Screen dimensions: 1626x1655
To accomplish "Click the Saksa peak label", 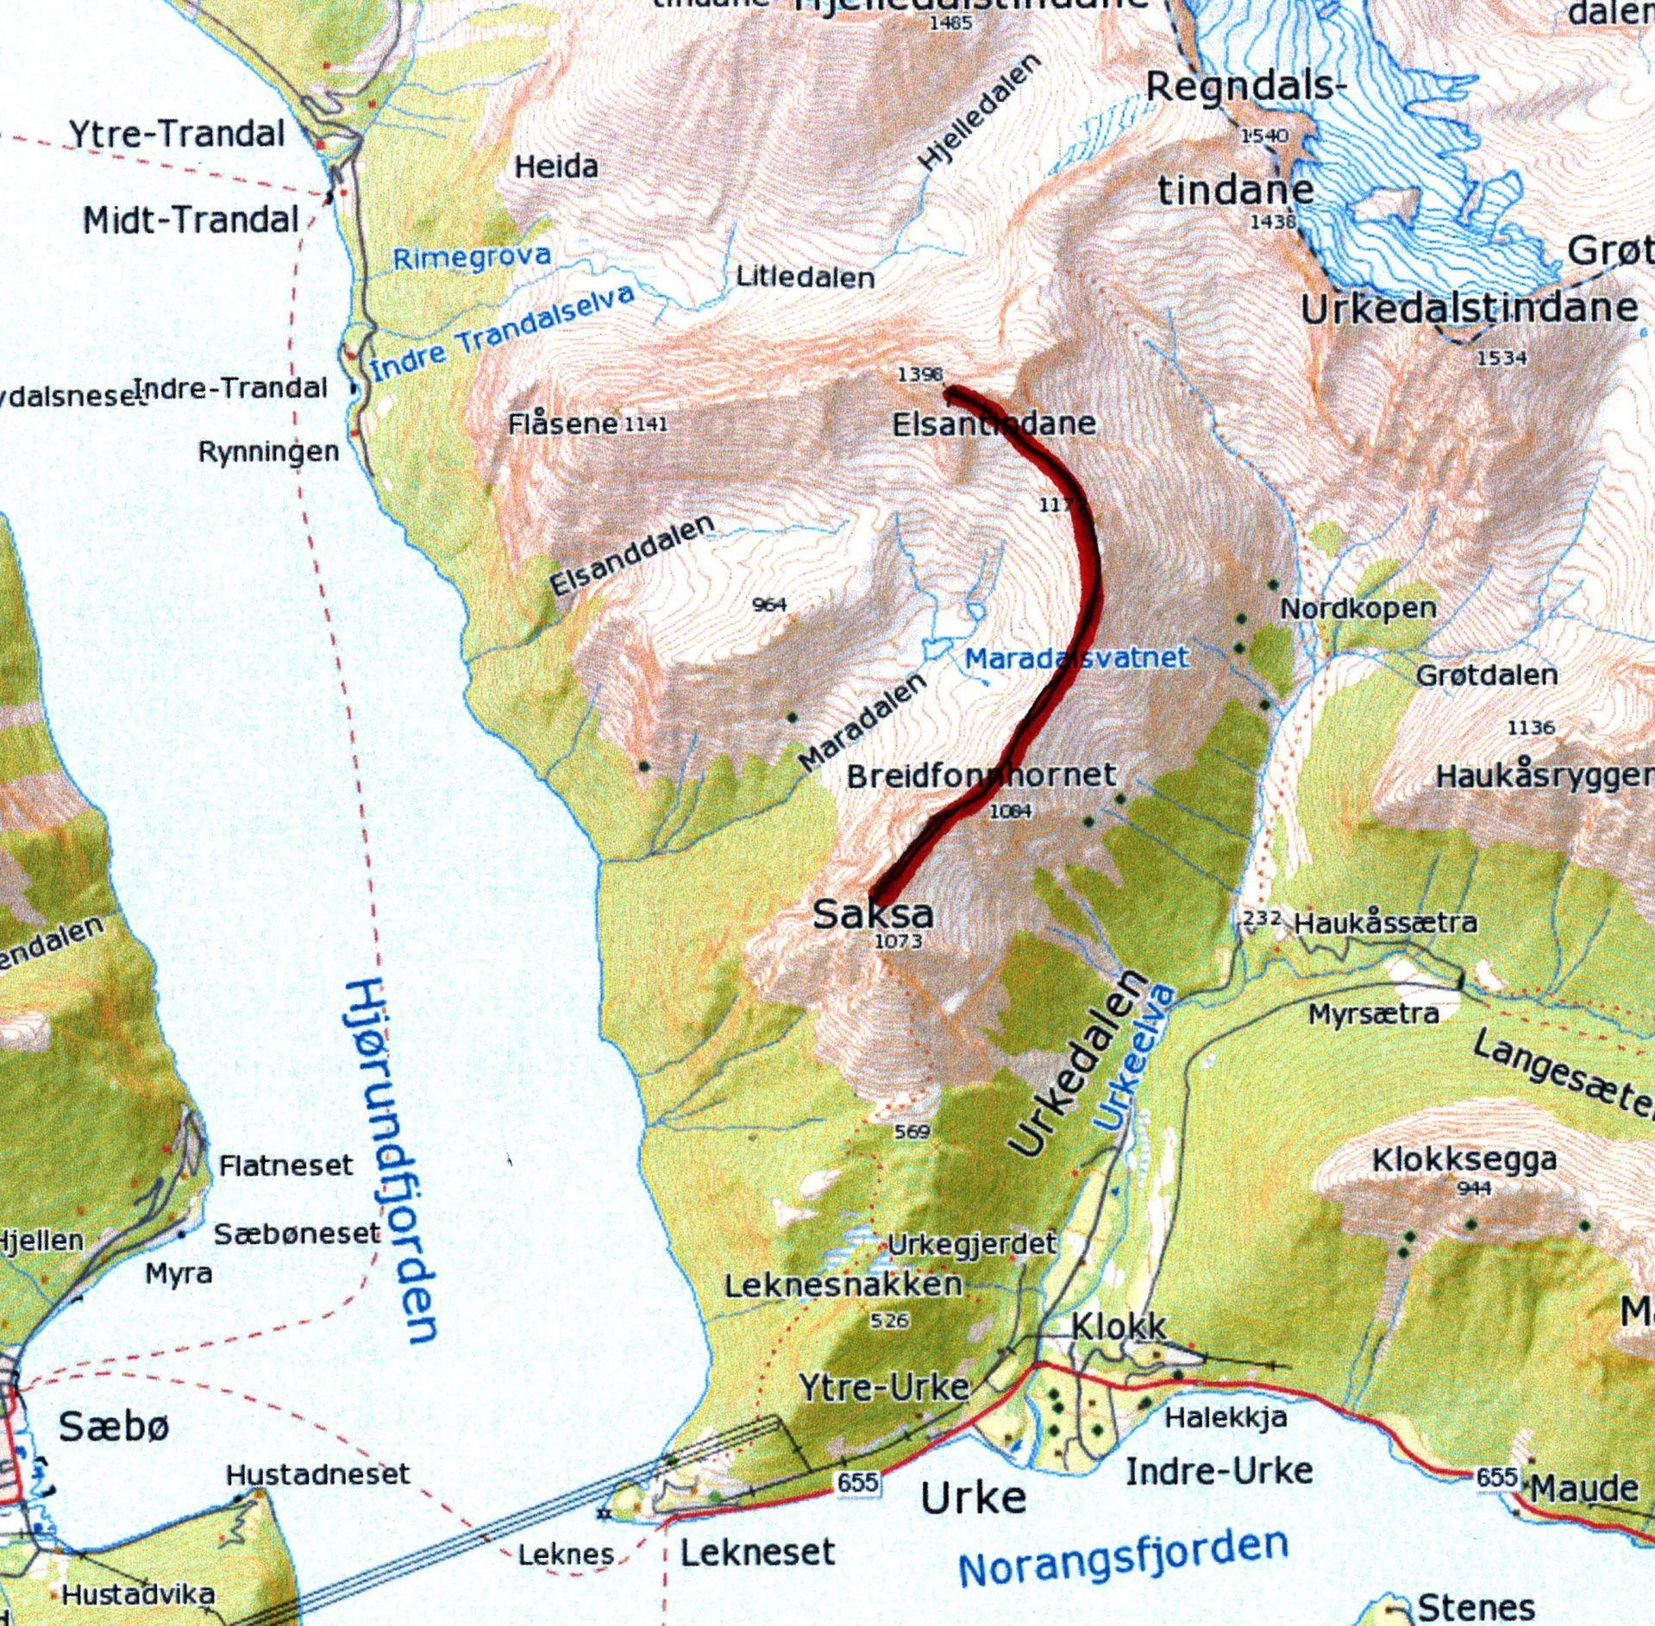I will (872, 913).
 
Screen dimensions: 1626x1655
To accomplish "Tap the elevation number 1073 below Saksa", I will (899, 941).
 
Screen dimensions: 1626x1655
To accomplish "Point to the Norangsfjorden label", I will (1123, 1558).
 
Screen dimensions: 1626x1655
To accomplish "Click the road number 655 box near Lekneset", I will (858, 1483).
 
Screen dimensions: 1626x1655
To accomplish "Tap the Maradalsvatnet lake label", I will (1075, 658).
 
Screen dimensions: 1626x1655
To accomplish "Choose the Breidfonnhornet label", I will (981, 775).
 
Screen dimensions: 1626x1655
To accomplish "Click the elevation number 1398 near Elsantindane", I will (919, 374).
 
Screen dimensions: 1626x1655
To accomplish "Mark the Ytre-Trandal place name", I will (177, 135).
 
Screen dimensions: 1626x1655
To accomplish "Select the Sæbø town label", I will (114, 1428).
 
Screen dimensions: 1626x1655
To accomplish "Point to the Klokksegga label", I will (1464, 1160).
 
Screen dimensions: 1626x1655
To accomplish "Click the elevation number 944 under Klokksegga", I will (1474, 1190).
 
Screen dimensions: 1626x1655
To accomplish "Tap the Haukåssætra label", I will (1385, 923).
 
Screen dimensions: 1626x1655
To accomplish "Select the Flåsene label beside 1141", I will (562, 424).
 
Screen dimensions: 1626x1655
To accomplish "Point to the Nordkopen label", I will (1357, 609).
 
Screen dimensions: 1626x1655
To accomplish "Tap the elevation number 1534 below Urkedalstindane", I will (1501, 358).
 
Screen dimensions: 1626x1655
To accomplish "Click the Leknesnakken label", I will (843, 1285).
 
